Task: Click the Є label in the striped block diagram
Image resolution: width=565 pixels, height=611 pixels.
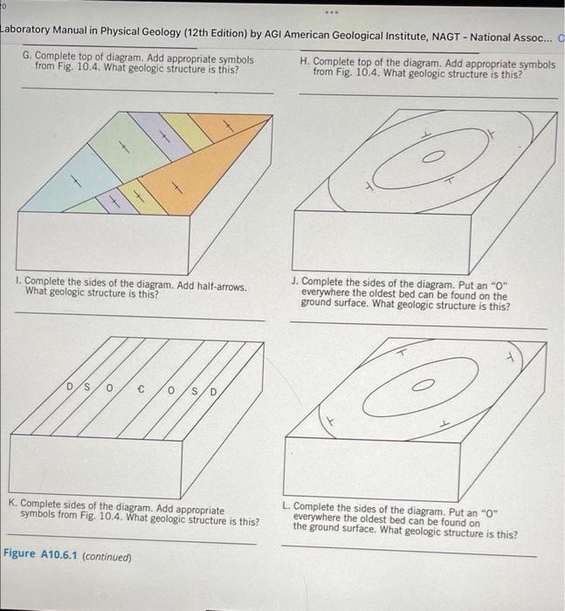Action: (141, 389)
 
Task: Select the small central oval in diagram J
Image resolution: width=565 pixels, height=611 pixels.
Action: (424, 385)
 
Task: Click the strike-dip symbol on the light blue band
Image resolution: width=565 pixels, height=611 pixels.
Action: (76, 182)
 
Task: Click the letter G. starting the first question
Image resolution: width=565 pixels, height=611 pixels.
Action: (27, 56)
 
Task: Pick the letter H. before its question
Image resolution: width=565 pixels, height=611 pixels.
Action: (305, 62)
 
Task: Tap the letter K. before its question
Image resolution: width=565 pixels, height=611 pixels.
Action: (13, 503)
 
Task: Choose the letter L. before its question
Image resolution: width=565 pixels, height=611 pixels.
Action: (286, 505)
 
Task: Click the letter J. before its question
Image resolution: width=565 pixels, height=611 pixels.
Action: (295, 281)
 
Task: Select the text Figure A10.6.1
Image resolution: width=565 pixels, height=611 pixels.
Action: (40, 553)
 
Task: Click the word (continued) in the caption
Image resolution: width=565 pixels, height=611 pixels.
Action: (107, 557)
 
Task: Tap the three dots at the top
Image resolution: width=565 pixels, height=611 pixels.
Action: (332, 12)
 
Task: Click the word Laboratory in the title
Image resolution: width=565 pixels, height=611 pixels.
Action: (25, 30)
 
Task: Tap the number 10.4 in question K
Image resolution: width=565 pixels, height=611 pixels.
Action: (111, 516)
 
